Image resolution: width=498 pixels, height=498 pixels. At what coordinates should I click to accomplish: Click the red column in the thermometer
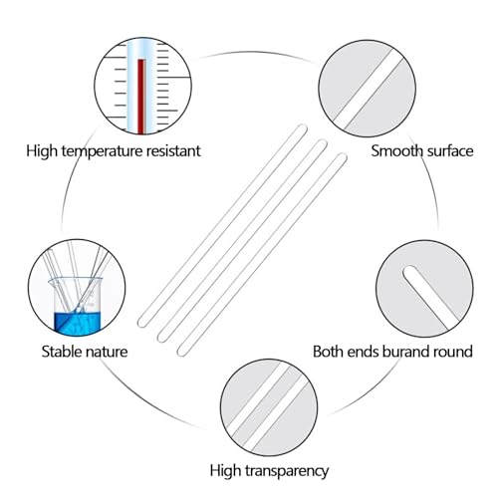[142, 96]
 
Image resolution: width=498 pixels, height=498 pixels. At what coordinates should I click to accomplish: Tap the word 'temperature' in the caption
[103, 151]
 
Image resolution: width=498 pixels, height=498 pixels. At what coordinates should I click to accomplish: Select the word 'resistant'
[173, 150]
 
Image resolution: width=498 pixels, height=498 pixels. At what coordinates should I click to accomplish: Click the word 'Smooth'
[396, 150]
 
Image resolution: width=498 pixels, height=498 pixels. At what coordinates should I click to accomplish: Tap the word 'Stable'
[63, 352]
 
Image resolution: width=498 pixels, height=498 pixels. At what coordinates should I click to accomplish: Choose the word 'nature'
[109, 352]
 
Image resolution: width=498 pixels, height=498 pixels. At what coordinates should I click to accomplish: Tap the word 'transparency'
[287, 471]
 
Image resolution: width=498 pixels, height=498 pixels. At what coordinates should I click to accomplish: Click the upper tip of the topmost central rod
[303, 127]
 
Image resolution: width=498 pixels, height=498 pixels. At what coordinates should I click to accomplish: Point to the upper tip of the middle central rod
[323, 143]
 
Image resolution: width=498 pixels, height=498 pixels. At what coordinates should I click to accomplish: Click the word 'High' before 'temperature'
[42, 151]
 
